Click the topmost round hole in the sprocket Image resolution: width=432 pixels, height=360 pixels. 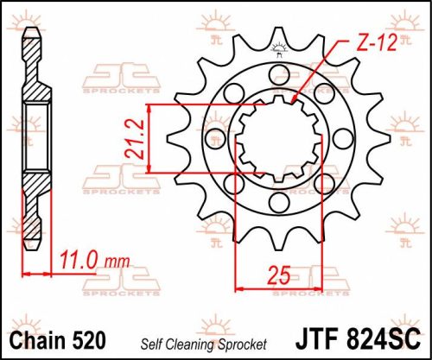point(280,73)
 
